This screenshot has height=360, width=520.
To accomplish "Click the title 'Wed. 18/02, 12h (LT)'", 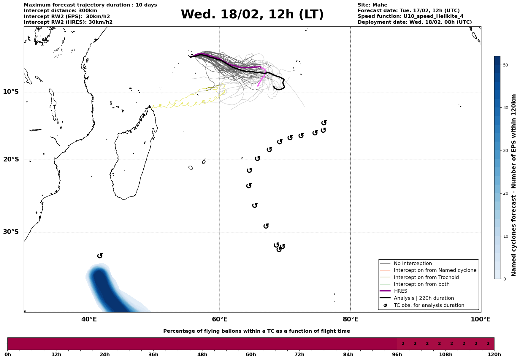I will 252,15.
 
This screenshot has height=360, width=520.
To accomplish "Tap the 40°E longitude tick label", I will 89,319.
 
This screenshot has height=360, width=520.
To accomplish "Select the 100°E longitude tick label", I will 481,319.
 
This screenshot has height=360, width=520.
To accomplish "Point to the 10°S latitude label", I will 11,92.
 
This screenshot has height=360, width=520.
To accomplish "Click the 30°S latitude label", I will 11,232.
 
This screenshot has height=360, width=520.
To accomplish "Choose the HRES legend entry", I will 400,291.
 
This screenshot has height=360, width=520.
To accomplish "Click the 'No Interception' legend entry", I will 413,264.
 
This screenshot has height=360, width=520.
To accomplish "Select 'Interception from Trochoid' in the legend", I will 426,277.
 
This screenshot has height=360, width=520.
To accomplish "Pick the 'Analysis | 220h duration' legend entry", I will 424,298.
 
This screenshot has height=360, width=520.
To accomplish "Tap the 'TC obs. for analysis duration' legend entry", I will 429,305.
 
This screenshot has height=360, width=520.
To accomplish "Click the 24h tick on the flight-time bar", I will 105,354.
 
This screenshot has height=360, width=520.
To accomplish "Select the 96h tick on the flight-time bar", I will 397,354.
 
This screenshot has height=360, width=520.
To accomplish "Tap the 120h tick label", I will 494,354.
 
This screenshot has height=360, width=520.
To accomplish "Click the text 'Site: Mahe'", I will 372,5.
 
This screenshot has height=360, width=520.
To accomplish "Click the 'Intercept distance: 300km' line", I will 60,11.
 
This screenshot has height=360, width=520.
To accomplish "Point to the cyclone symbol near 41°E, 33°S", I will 100,256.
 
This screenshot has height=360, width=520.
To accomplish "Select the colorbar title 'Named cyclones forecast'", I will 514,185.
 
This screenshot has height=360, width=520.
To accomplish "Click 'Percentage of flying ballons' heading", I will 256,331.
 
